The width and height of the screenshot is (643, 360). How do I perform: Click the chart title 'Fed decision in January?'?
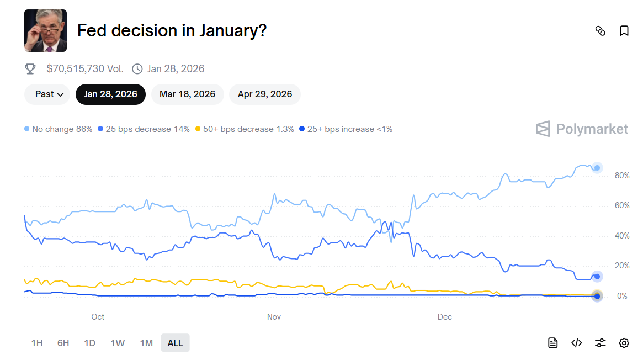pyautogui.click(x=172, y=30)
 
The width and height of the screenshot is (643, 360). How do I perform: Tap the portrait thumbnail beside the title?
pyautogui.click(x=45, y=30)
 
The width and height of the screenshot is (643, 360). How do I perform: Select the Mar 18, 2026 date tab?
pyautogui.click(x=187, y=94)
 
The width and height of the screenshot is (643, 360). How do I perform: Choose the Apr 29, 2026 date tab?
pyautogui.click(x=264, y=94)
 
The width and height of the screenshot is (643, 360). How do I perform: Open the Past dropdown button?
pyautogui.click(x=47, y=94)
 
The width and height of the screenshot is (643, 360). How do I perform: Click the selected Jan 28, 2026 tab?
pyautogui.click(x=110, y=94)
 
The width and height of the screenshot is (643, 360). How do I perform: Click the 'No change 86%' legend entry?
pyautogui.click(x=59, y=129)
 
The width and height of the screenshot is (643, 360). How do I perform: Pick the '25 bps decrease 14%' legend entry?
pyautogui.click(x=144, y=129)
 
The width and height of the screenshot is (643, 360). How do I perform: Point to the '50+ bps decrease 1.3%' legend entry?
pyautogui.click(x=243, y=129)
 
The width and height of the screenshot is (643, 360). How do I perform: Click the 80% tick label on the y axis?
pyautogui.click(x=622, y=176)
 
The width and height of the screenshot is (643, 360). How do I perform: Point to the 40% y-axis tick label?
pyautogui.click(x=622, y=236)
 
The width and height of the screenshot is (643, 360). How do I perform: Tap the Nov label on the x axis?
pyautogui.click(x=274, y=317)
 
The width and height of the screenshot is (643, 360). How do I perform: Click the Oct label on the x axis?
pyautogui.click(x=98, y=317)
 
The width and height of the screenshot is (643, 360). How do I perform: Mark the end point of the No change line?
pyautogui.click(x=597, y=168)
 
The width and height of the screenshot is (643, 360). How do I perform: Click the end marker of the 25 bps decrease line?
pyautogui.click(x=597, y=277)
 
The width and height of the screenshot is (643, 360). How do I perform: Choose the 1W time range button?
pyautogui.click(x=118, y=343)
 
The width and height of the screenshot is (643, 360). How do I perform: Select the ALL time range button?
pyautogui.click(x=175, y=343)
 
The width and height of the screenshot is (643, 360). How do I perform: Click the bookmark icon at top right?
pyautogui.click(x=624, y=31)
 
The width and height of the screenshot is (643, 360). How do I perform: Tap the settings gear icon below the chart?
pyautogui.click(x=624, y=343)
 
